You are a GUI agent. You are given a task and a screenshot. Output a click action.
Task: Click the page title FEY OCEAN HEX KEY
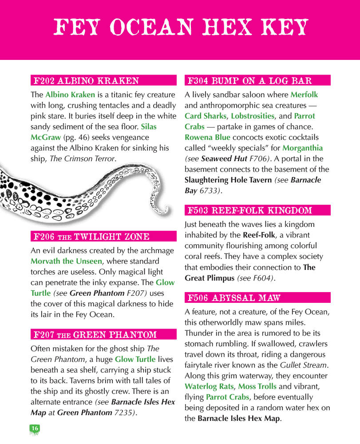click(x=180, y=28)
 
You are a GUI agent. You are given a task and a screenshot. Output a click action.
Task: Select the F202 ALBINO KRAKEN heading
click(x=87, y=81)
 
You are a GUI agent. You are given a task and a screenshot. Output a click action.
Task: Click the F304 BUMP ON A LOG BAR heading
click(x=250, y=81)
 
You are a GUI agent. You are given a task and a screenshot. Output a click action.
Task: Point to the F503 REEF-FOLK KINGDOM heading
click(x=250, y=210)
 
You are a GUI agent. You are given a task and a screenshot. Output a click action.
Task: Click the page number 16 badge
click(x=35, y=428)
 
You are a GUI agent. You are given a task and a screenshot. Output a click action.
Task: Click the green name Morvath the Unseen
click(x=66, y=262)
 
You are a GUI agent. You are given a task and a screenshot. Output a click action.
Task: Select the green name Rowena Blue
click(x=208, y=137)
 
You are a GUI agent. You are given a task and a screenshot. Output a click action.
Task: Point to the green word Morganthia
click(x=302, y=148)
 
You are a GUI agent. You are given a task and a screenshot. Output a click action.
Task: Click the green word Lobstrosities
click(x=253, y=116)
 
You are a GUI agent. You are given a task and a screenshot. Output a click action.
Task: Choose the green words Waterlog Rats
click(x=209, y=387)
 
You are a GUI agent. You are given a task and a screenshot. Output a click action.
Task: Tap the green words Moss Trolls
click(x=257, y=387)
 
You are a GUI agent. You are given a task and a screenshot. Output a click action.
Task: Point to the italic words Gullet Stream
click(x=304, y=365)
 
